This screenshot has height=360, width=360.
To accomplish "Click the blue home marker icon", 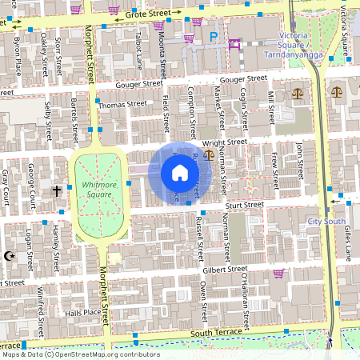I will pyautogui.click(x=180, y=173).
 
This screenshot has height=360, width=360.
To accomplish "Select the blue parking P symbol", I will pyautogui.click(x=214, y=36).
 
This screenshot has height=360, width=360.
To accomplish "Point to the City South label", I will pyautogui.click(x=326, y=220).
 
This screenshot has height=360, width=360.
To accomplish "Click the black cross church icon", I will pyautogui.click(x=57, y=191).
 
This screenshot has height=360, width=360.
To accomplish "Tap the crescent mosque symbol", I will pyautogui.click(x=10, y=255).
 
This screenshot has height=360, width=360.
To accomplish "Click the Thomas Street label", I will pyautogui.click(x=123, y=104).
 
